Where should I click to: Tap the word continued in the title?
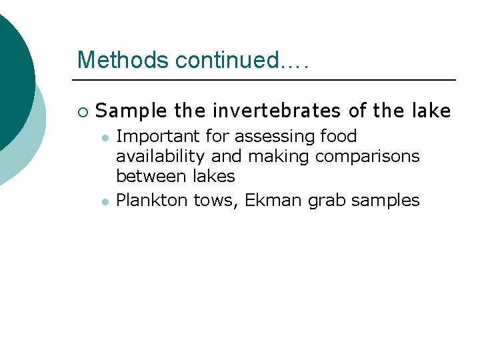tap(227, 60)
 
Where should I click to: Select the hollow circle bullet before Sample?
tap(81, 111)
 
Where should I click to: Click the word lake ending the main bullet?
tap(431, 111)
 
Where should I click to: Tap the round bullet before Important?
tap(105, 137)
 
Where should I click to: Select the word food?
tap(339, 137)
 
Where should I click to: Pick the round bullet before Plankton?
tap(105, 201)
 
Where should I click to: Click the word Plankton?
tap(152, 200)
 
